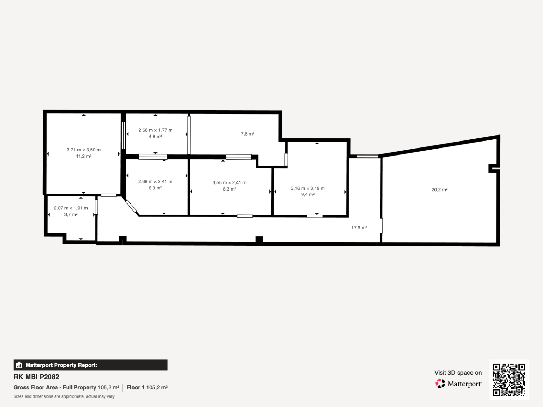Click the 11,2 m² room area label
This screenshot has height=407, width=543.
(x=84, y=156)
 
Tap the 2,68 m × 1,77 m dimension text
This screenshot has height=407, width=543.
(x=155, y=130)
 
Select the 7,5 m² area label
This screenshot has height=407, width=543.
(x=248, y=134)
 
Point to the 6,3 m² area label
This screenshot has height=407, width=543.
(x=155, y=188)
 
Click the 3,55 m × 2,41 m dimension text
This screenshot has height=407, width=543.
(x=229, y=183)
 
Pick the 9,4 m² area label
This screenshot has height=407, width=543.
(x=308, y=195)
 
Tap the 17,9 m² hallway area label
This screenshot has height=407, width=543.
(x=359, y=228)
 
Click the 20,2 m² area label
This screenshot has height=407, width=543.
(x=439, y=189)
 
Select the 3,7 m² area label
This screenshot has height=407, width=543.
(x=71, y=214)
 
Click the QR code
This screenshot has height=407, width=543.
(x=509, y=380)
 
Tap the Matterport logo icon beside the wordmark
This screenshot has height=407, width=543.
(x=440, y=384)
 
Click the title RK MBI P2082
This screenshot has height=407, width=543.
(x=36, y=377)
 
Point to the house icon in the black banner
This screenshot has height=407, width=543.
(x=19, y=365)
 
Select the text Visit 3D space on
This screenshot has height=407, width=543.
(x=458, y=373)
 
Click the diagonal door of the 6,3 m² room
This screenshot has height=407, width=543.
(x=131, y=206)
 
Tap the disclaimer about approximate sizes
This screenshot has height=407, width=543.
(x=64, y=396)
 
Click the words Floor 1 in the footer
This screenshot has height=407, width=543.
(x=135, y=387)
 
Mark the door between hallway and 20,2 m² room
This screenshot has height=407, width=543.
(x=381, y=226)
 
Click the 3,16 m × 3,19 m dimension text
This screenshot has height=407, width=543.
(x=308, y=188)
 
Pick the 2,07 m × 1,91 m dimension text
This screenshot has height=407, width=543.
(x=71, y=208)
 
